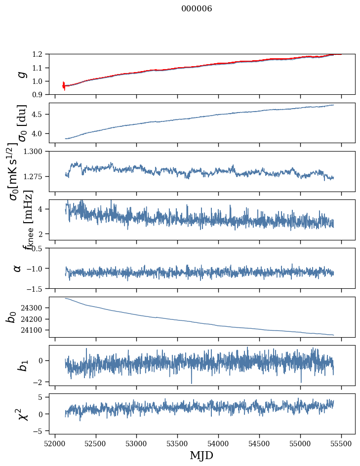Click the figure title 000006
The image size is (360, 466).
pyautogui.click(x=197, y=9)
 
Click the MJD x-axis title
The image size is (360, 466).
pyautogui.click(x=201, y=455)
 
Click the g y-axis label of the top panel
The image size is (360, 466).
pyautogui.click(x=21, y=74)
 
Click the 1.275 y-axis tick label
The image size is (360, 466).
pyautogui.click(x=36, y=176)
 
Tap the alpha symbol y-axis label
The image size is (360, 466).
pyautogui.click(x=18, y=268)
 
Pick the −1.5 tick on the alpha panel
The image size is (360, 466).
pyautogui.click(x=38, y=288)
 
